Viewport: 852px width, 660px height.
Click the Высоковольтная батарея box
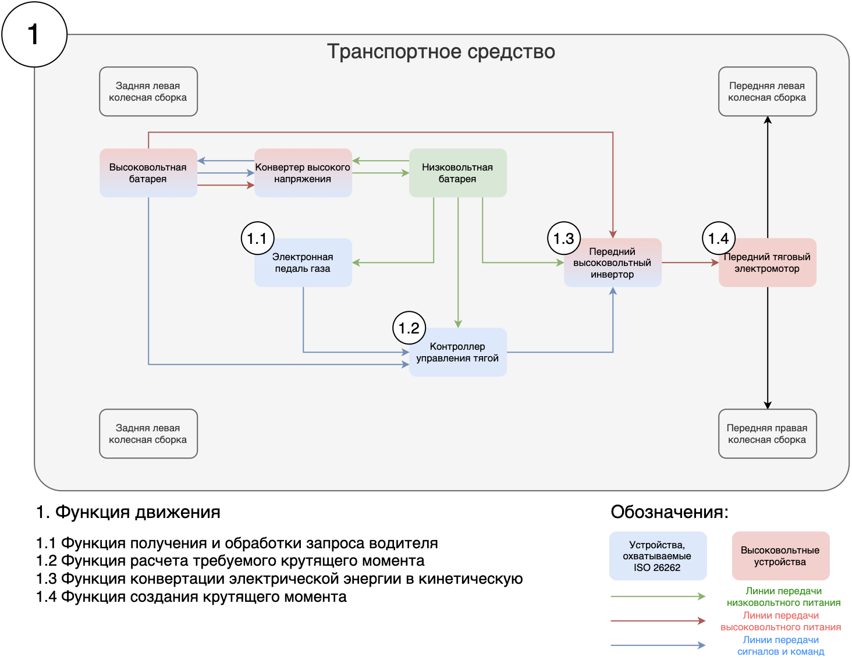pos(148,173)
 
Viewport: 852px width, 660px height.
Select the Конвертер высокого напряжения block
pos(303,173)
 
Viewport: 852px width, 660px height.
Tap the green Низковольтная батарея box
pos(457,173)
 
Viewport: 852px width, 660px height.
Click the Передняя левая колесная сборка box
pos(767,91)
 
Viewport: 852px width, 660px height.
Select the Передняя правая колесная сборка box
pos(767,434)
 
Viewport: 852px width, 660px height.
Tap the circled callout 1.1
pos(257,238)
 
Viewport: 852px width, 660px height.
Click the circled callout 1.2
pos(409,328)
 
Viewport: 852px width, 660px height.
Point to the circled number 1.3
pos(563,238)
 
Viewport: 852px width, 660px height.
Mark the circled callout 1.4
pos(719,238)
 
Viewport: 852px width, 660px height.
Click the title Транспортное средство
pos(441,51)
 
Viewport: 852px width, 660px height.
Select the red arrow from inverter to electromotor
pos(690,262)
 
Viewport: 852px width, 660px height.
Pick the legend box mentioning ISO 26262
pos(658,556)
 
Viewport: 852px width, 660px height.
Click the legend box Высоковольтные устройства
pos(780,556)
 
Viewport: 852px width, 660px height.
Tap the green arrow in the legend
pos(658,596)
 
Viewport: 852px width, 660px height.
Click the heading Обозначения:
pos(669,512)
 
